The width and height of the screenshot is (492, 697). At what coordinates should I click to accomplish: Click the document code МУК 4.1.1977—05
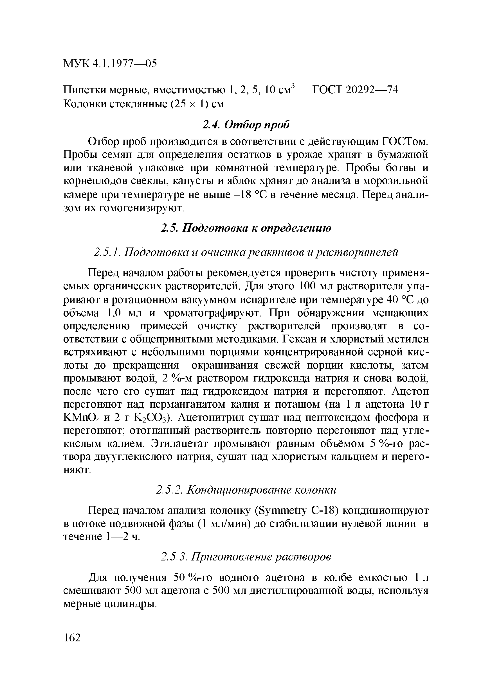(x=110, y=64)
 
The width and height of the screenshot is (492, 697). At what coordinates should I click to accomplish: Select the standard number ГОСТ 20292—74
(x=355, y=90)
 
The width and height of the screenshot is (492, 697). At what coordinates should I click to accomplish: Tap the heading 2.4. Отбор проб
(x=246, y=124)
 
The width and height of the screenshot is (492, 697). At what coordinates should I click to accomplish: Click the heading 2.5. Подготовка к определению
(x=246, y=228)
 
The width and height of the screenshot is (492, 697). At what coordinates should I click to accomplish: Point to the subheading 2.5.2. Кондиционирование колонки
(x=246, y=490)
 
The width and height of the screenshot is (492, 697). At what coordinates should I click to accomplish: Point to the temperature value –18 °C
(x=250, y=195)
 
